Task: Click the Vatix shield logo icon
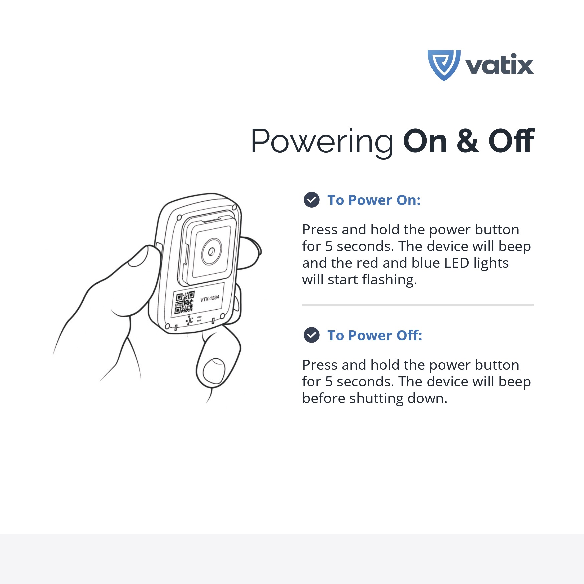pos(444,65)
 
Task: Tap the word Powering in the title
pos(322,142)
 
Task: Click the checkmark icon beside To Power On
pos(312,200)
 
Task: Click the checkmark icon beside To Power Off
pos(312,335)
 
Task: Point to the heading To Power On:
pos(374,200)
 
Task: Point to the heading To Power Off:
pos(375,335)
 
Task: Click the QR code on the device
pos(184,303)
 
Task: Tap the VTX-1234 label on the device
pos(210,298)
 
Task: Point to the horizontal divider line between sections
pos(418,305)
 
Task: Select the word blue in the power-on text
pos(426,263)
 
